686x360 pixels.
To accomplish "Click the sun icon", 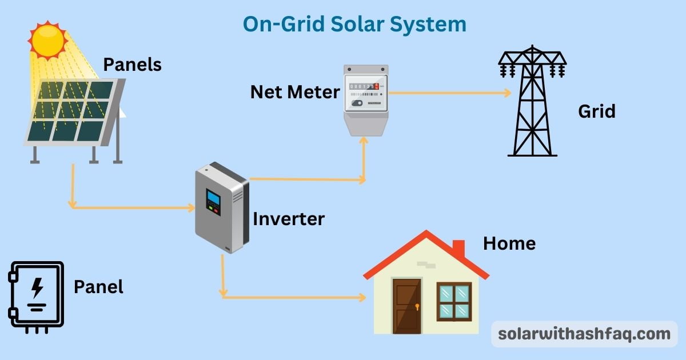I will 48,40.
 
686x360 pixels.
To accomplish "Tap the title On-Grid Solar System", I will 354,24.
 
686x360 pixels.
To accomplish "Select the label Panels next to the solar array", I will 132,65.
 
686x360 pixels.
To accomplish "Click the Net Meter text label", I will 295,91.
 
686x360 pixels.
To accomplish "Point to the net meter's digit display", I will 364,86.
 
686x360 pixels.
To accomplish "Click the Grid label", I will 596,111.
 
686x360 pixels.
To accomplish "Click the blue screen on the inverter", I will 213,198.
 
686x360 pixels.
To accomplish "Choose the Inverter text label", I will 289,218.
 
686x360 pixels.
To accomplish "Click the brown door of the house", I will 407,306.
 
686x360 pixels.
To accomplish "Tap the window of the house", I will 454,302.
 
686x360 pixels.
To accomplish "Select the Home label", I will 509,243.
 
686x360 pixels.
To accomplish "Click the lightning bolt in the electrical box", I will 37,288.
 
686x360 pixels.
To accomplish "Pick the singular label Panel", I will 98,286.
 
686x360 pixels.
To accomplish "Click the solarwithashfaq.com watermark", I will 584,334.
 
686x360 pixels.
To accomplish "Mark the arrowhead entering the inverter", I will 191,208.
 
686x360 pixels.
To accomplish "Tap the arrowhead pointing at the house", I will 361,297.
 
